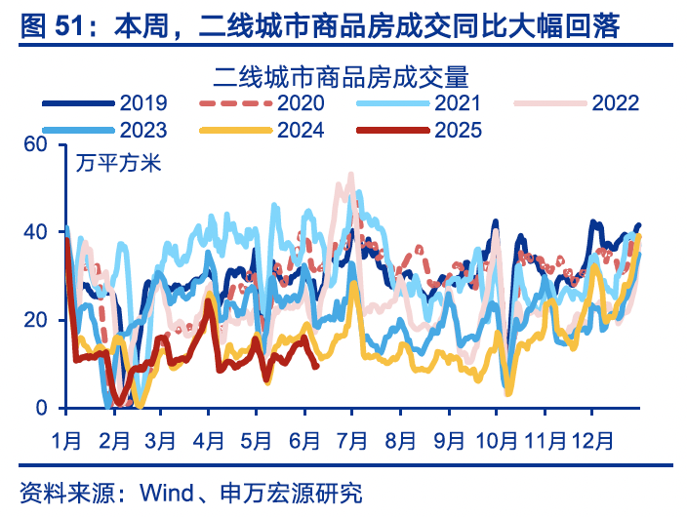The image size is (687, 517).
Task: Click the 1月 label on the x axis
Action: [x=66, y=439]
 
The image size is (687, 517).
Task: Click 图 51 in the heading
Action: [x=56, y=25]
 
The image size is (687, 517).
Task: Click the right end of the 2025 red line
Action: [x=315, y=366]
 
